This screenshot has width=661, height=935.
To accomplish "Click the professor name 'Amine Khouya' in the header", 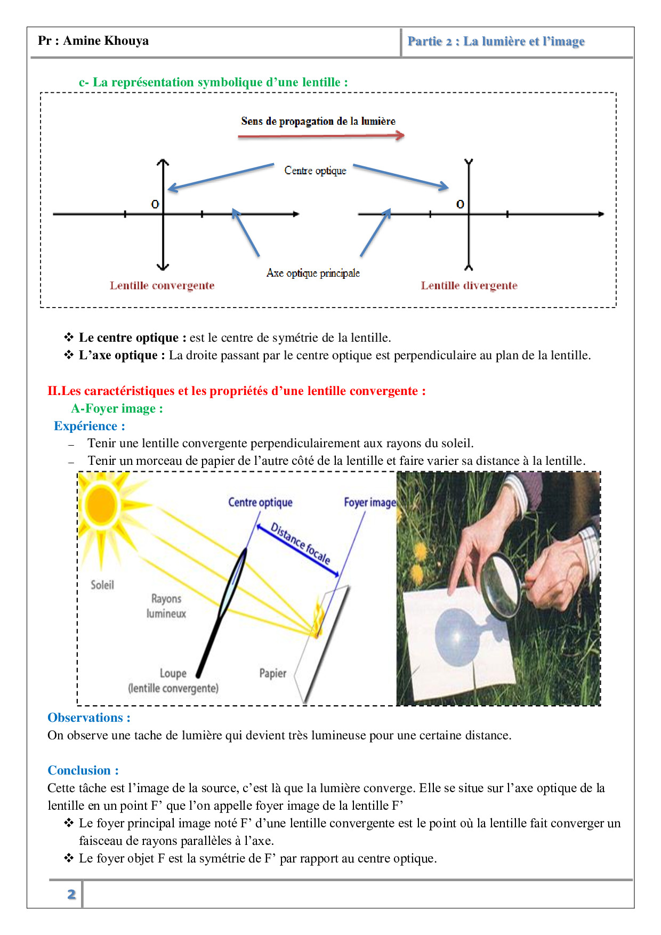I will point(106,41).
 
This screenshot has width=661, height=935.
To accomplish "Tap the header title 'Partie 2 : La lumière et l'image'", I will point(496,42).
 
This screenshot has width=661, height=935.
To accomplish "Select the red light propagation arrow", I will point(320,136).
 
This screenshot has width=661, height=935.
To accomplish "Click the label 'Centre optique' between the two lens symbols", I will point(315,171).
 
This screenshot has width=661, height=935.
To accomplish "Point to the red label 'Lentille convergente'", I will point(162,286).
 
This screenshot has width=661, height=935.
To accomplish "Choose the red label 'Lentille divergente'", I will point(469,286).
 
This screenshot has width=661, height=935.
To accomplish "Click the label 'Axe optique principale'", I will point(313,273).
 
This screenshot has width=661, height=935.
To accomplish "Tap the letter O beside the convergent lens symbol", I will point(155,204).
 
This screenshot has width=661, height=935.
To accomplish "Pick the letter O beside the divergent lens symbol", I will point(460,204).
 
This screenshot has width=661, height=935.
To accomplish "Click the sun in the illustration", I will point(101,504).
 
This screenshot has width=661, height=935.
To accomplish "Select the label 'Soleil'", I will point(102,585).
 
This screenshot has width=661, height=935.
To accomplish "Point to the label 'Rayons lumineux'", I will point(166,606).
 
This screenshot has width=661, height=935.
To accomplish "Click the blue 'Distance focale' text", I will point(300,543).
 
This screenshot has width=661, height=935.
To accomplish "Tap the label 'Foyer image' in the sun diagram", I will point(369,502).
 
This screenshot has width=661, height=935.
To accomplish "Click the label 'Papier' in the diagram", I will point(272,673).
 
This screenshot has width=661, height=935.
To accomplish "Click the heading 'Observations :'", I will point(89,718).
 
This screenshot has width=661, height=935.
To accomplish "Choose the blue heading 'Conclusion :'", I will point(83,770).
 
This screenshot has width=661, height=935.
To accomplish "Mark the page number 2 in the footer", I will point(71,894).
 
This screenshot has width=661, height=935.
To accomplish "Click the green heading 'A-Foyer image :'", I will point(117,408).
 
